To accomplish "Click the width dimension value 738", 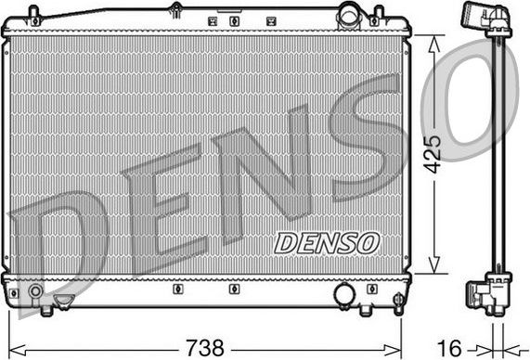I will pos(204,348).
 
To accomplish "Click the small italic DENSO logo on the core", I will pos(327,242).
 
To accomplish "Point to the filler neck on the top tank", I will pos(349,15).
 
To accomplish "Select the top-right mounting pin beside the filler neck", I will pos(377,16).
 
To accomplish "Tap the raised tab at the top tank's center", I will pos(175,9).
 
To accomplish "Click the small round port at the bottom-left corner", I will pos(35,292).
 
